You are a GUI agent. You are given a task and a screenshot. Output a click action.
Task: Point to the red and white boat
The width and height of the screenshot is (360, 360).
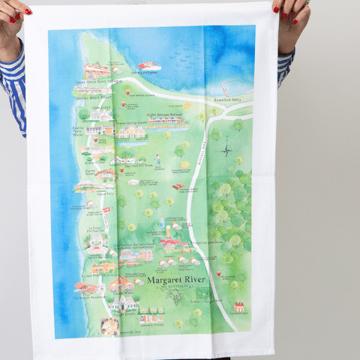coord(149,66)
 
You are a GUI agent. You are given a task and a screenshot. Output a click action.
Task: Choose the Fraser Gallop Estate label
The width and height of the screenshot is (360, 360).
coord(130,123)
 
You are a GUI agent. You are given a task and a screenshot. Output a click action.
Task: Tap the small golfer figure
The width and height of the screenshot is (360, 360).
coord(157,160)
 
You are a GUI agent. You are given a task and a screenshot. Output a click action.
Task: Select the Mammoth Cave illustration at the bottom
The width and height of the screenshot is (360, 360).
coord(110,327)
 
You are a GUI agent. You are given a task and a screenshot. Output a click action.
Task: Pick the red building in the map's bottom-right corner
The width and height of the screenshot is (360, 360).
coord(238,307)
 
